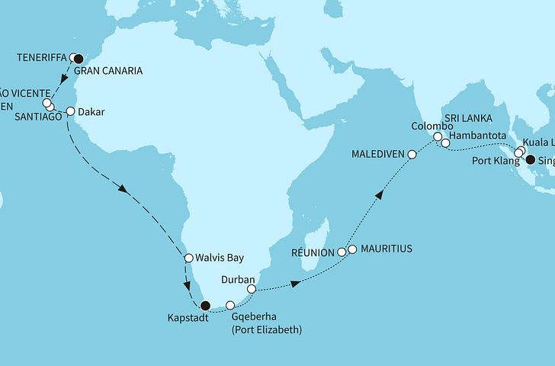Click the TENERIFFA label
[x=41, y=56]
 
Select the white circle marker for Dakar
[x=70, y=111]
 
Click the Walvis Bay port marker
[x=188, y=258]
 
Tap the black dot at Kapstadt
[x=204, y=307]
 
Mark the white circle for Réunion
[x=342, y=250]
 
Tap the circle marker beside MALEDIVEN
[x=412, y=154]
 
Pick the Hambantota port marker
[x=445, y=143]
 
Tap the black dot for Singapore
[x=530, y=159]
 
